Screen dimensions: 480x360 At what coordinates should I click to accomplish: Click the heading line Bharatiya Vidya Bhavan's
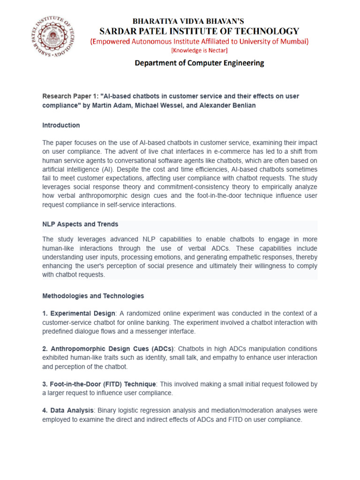[x=188, y=21]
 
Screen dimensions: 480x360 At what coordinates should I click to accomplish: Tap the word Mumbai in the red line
[x=292, y=42]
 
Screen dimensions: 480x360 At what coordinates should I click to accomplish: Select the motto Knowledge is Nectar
[x=199, y=51]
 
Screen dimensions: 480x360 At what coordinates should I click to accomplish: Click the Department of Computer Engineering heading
[x=199, y=63]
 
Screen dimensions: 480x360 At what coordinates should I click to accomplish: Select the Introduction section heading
[x=61, y=126]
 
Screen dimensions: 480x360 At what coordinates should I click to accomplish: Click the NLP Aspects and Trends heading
[x=80, y=224]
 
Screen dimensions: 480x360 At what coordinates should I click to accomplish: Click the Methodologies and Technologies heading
[x=93, y=296]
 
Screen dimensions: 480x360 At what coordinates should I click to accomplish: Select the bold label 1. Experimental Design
[x=79, y=313]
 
